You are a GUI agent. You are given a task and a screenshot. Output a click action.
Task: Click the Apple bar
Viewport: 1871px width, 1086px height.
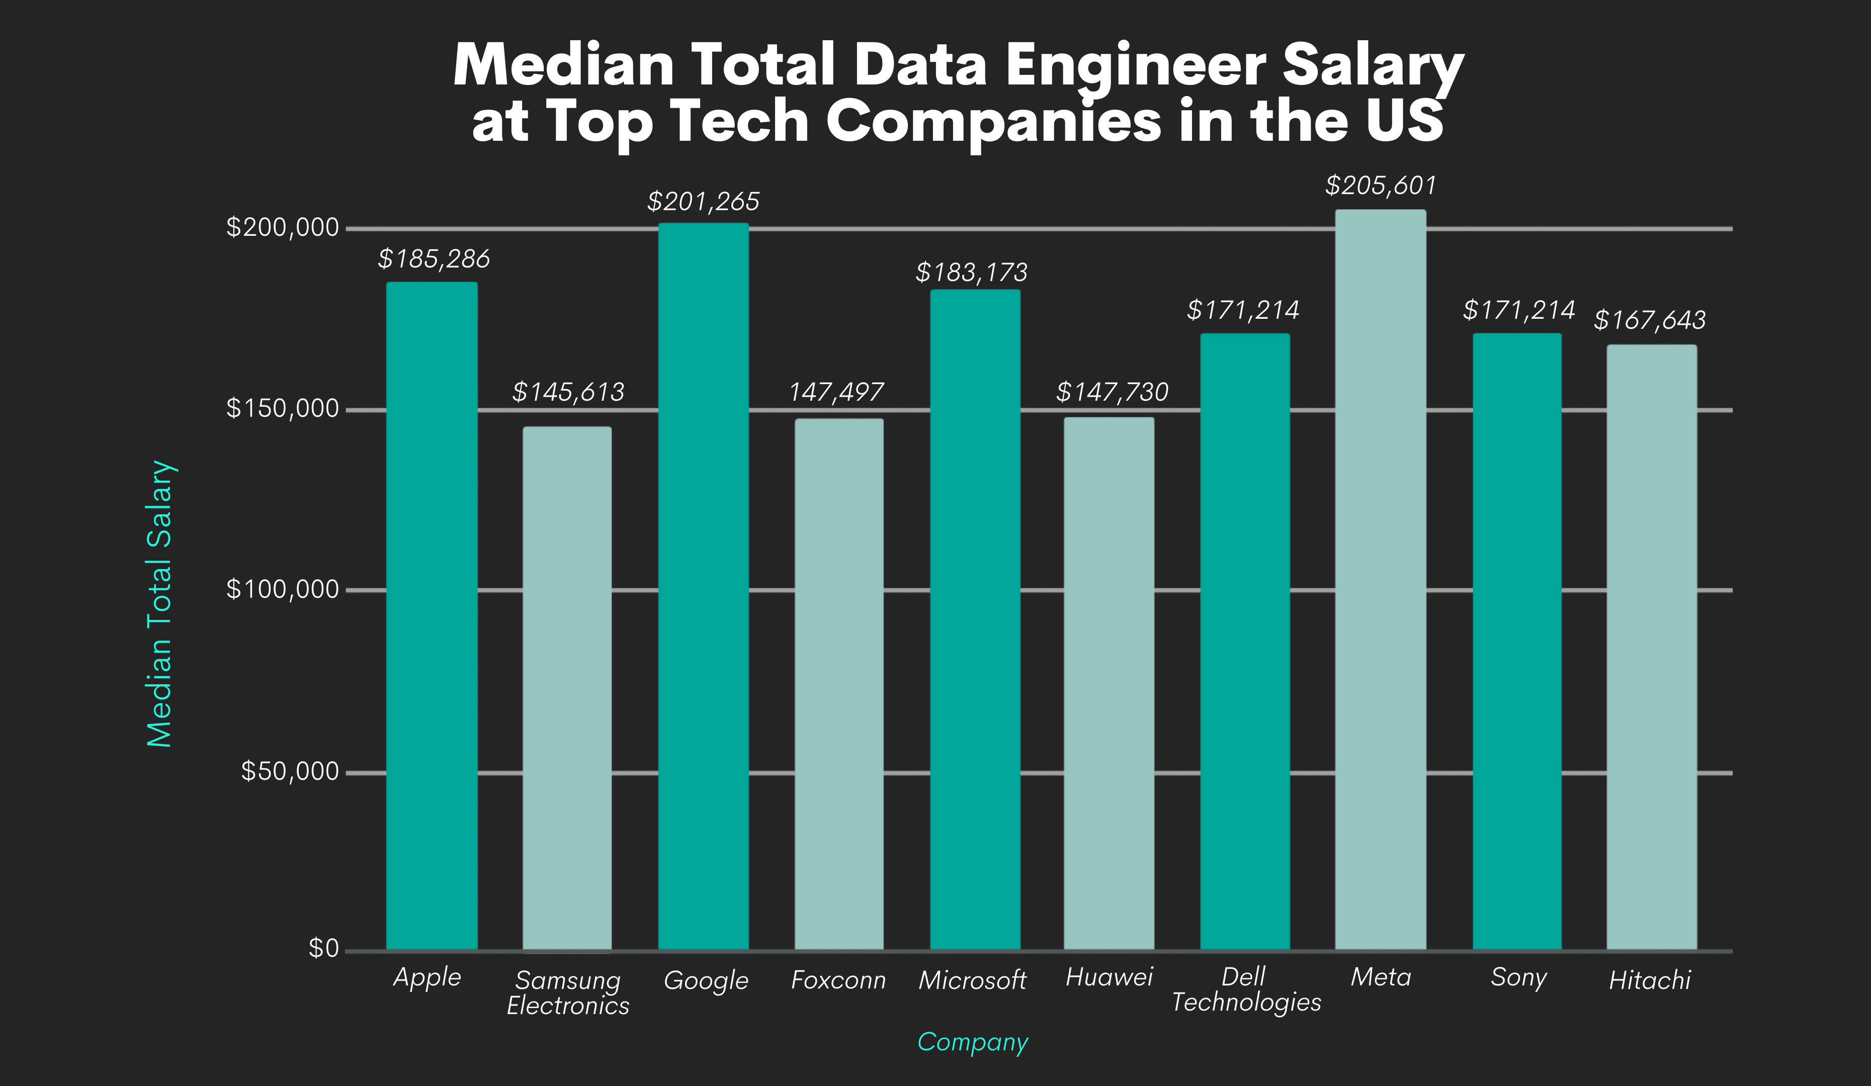[432, 616]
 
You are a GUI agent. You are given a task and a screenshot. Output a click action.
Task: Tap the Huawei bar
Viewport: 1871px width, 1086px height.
[1109, 683]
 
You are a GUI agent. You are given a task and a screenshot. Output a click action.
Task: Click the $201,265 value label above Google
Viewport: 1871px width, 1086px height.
[703, 201]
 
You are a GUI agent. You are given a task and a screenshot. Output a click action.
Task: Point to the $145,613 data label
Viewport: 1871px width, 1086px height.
[568, 392]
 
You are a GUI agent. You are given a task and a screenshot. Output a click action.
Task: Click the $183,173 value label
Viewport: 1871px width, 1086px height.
[971, 273]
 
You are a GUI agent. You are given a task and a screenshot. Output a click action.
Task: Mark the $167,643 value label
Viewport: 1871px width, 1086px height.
[1650, 320]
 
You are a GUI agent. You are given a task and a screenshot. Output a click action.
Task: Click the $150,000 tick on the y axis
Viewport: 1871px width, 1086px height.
[282, 408]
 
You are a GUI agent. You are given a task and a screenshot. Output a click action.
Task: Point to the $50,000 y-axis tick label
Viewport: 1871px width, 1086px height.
[290, 771]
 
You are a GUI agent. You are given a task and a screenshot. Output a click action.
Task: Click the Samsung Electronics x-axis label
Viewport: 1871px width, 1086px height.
[568, 992]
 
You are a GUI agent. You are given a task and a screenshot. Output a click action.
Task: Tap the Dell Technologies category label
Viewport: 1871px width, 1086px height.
[1246, 989]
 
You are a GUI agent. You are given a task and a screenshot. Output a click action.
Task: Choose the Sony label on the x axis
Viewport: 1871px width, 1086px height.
[1518, 977]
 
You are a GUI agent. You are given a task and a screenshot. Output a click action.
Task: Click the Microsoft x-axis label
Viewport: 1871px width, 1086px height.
[972, 980]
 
